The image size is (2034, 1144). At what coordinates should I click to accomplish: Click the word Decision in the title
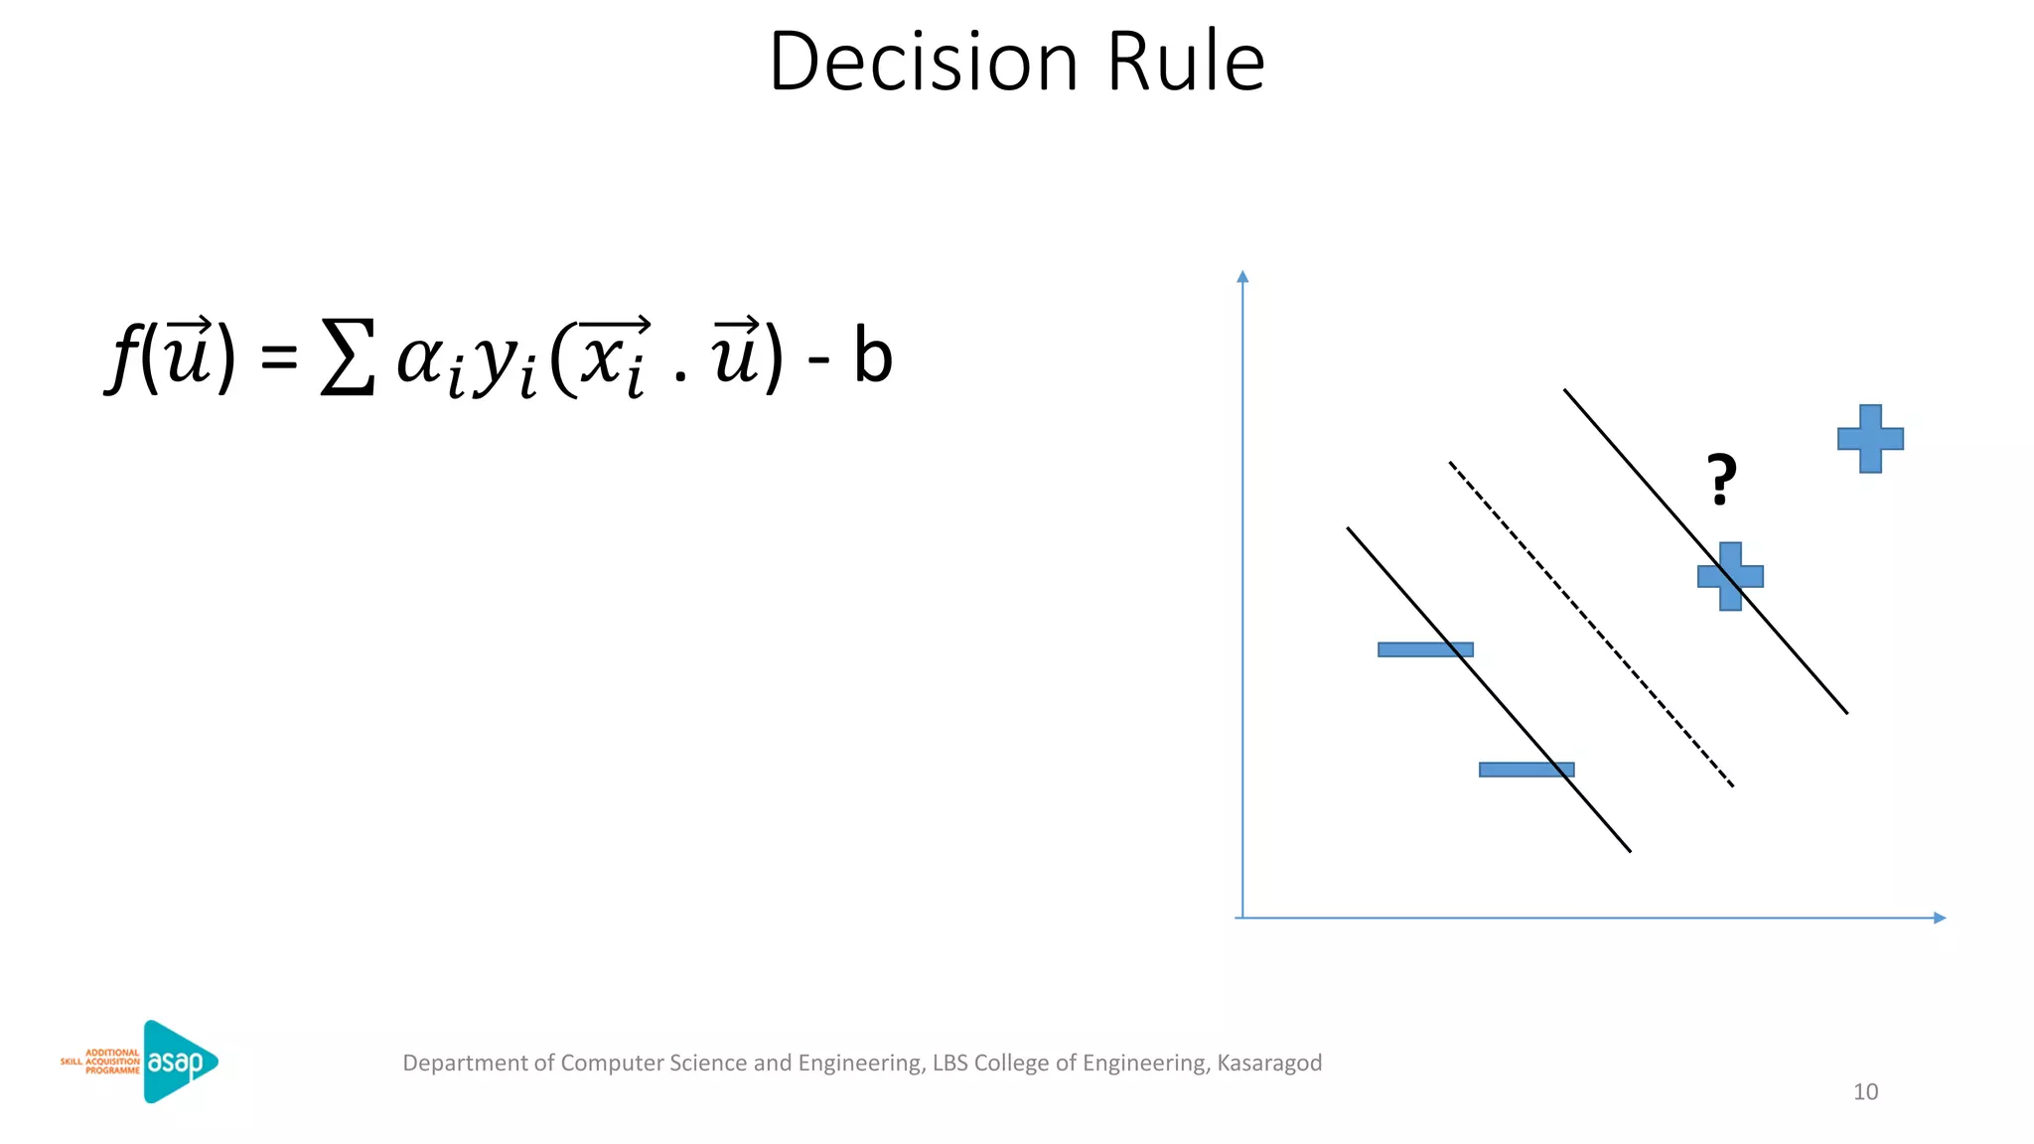click(923, 62)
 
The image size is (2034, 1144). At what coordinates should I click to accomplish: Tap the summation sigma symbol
click(348, 357)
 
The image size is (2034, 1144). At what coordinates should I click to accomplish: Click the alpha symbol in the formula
click(419, 359)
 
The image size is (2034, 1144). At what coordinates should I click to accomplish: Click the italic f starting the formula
click(122, 357)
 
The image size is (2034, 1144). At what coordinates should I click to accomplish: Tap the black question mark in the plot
click(1721, 480)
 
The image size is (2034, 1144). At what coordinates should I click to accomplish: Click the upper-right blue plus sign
click(1870, 438)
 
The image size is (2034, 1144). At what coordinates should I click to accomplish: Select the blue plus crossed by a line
click(1730, 576)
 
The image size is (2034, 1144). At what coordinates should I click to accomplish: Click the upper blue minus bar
click(1425, 649)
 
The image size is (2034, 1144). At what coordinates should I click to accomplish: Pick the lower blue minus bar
click(1526, 770)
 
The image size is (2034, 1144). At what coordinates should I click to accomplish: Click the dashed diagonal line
click(1591, 625)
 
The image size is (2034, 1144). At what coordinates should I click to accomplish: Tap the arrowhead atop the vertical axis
click(1242, 276)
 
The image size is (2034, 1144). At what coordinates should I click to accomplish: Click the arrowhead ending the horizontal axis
click(1940, 918)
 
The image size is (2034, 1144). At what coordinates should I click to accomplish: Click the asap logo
click(180, 1062)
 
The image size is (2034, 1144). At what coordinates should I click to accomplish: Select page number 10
click(1865, 1091)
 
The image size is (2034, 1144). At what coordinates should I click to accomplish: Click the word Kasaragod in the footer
click(1269, 1063)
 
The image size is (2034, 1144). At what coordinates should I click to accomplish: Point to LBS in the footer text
click(949, 1063)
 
